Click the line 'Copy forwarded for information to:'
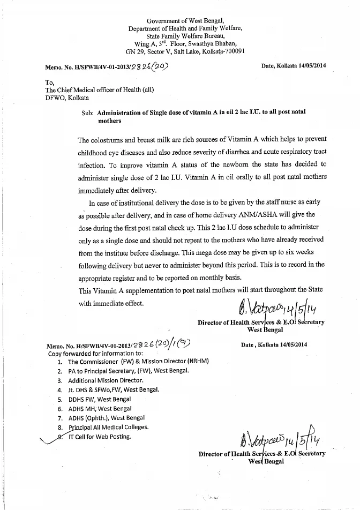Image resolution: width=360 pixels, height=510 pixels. [95, 353]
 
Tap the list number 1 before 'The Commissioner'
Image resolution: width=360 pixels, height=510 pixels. [59, 362]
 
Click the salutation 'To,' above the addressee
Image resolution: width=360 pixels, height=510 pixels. [50, 82]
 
